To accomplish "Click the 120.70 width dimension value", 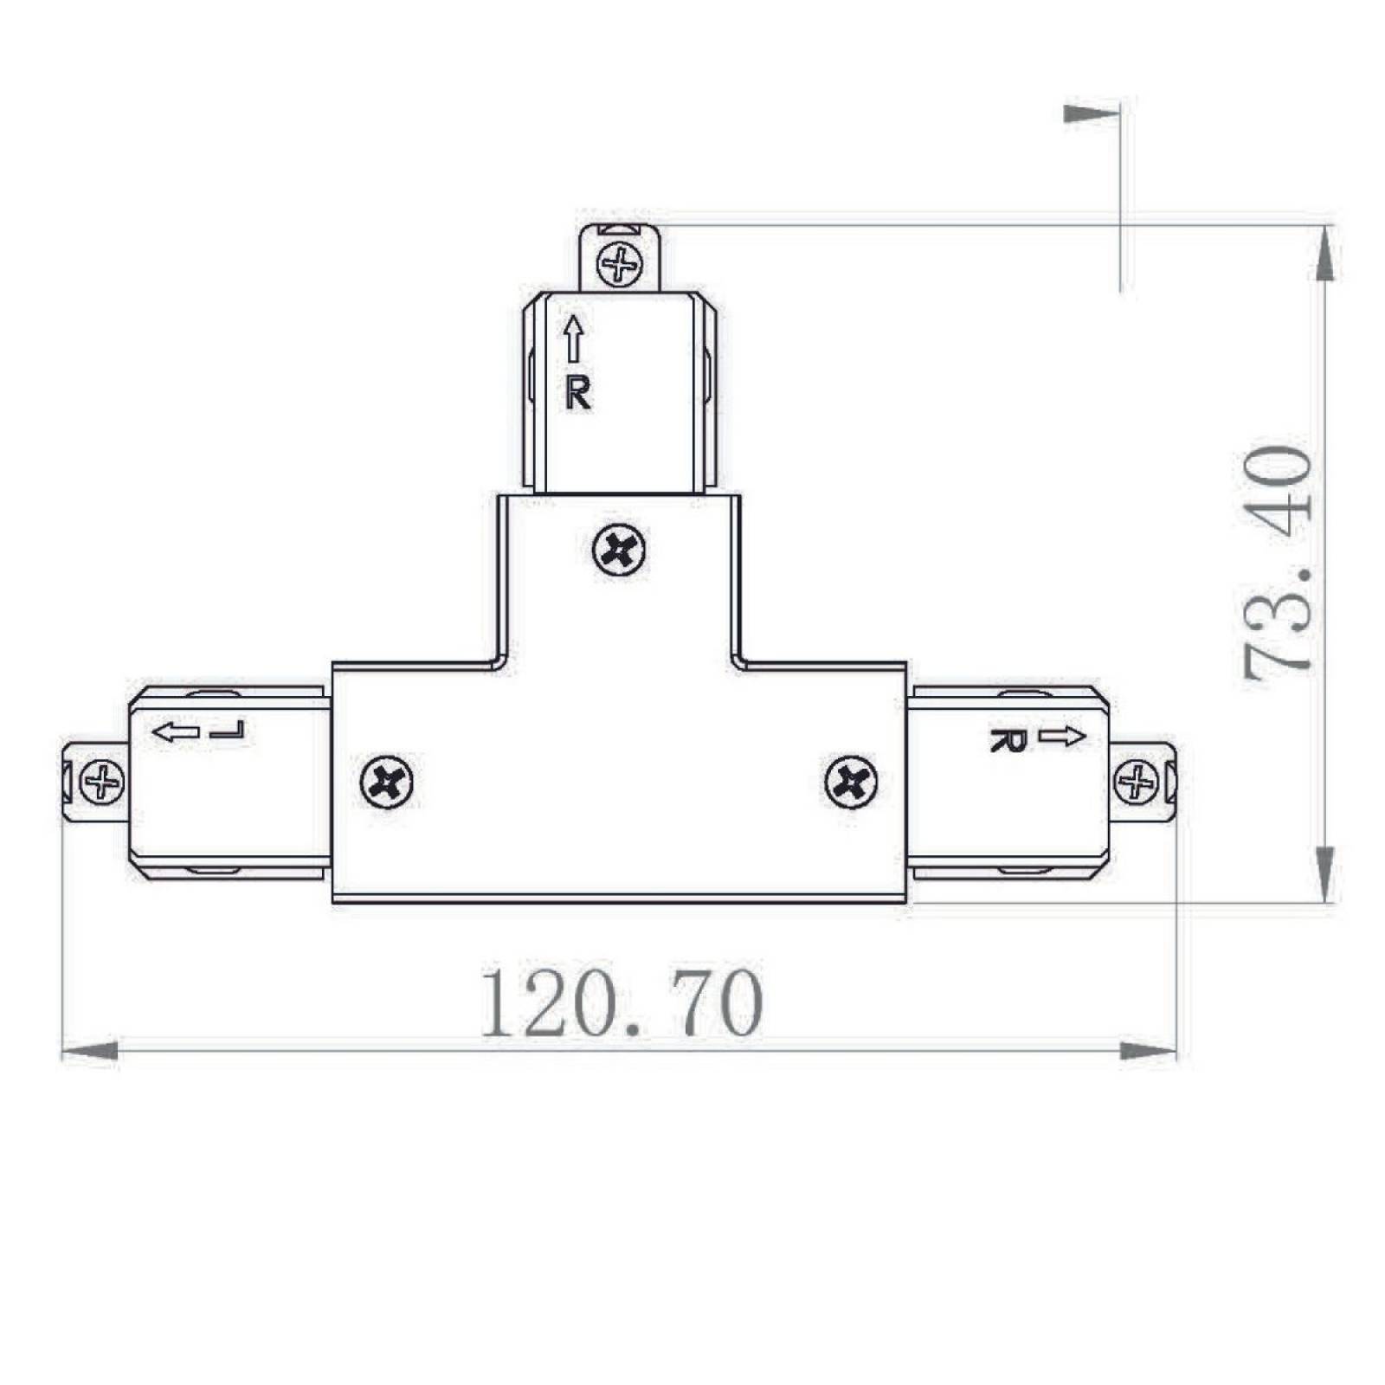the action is tap(622, 1004).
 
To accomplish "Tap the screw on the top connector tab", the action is tap(621, 264).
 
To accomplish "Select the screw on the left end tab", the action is tap(102, 783).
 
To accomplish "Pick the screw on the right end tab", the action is tap(1136, 783).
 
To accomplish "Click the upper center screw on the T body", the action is tap(620, 550).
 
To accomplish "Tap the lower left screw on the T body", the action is tap(386, 783).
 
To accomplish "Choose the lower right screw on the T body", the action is tap(852, 783).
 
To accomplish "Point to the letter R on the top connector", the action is tap(578, 394).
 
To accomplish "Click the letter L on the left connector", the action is tap(229, 731).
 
